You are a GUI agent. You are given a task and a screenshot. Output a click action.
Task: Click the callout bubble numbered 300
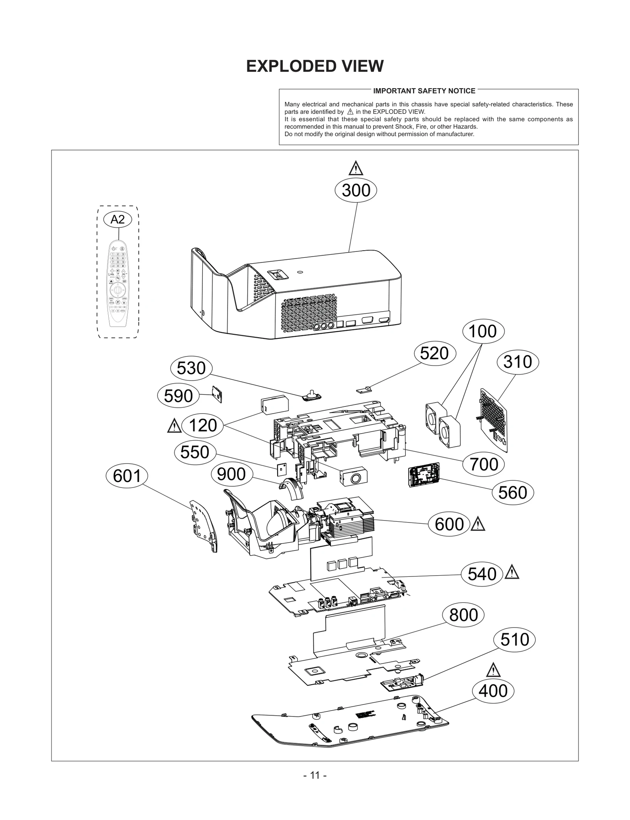coord(356,190)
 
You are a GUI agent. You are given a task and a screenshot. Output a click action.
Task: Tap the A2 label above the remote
coord(117,219)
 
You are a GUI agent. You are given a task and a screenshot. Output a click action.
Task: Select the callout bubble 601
coord(127,476)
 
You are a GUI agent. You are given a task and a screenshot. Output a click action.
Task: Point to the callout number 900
coord(231,474)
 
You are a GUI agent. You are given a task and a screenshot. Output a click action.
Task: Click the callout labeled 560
coord(512,493)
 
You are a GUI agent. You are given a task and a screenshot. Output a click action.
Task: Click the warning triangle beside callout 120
coord(174,426)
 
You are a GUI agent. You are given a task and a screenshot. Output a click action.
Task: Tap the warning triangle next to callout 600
coord(478,524)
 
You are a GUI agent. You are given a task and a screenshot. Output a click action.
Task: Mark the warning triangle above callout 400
coord(493,670)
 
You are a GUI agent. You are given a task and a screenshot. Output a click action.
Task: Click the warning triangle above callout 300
coord(356,168)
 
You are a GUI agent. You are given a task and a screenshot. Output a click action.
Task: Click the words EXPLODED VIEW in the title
coord(315,66)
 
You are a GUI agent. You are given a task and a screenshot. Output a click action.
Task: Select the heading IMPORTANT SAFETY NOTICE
coord(424,91)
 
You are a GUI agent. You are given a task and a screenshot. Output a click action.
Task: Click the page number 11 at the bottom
coord(315,775)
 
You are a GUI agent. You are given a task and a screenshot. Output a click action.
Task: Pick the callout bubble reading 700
coord(484,464)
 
